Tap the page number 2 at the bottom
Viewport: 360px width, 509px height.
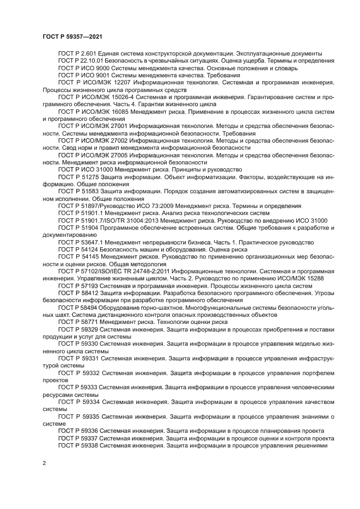click(44, 463)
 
